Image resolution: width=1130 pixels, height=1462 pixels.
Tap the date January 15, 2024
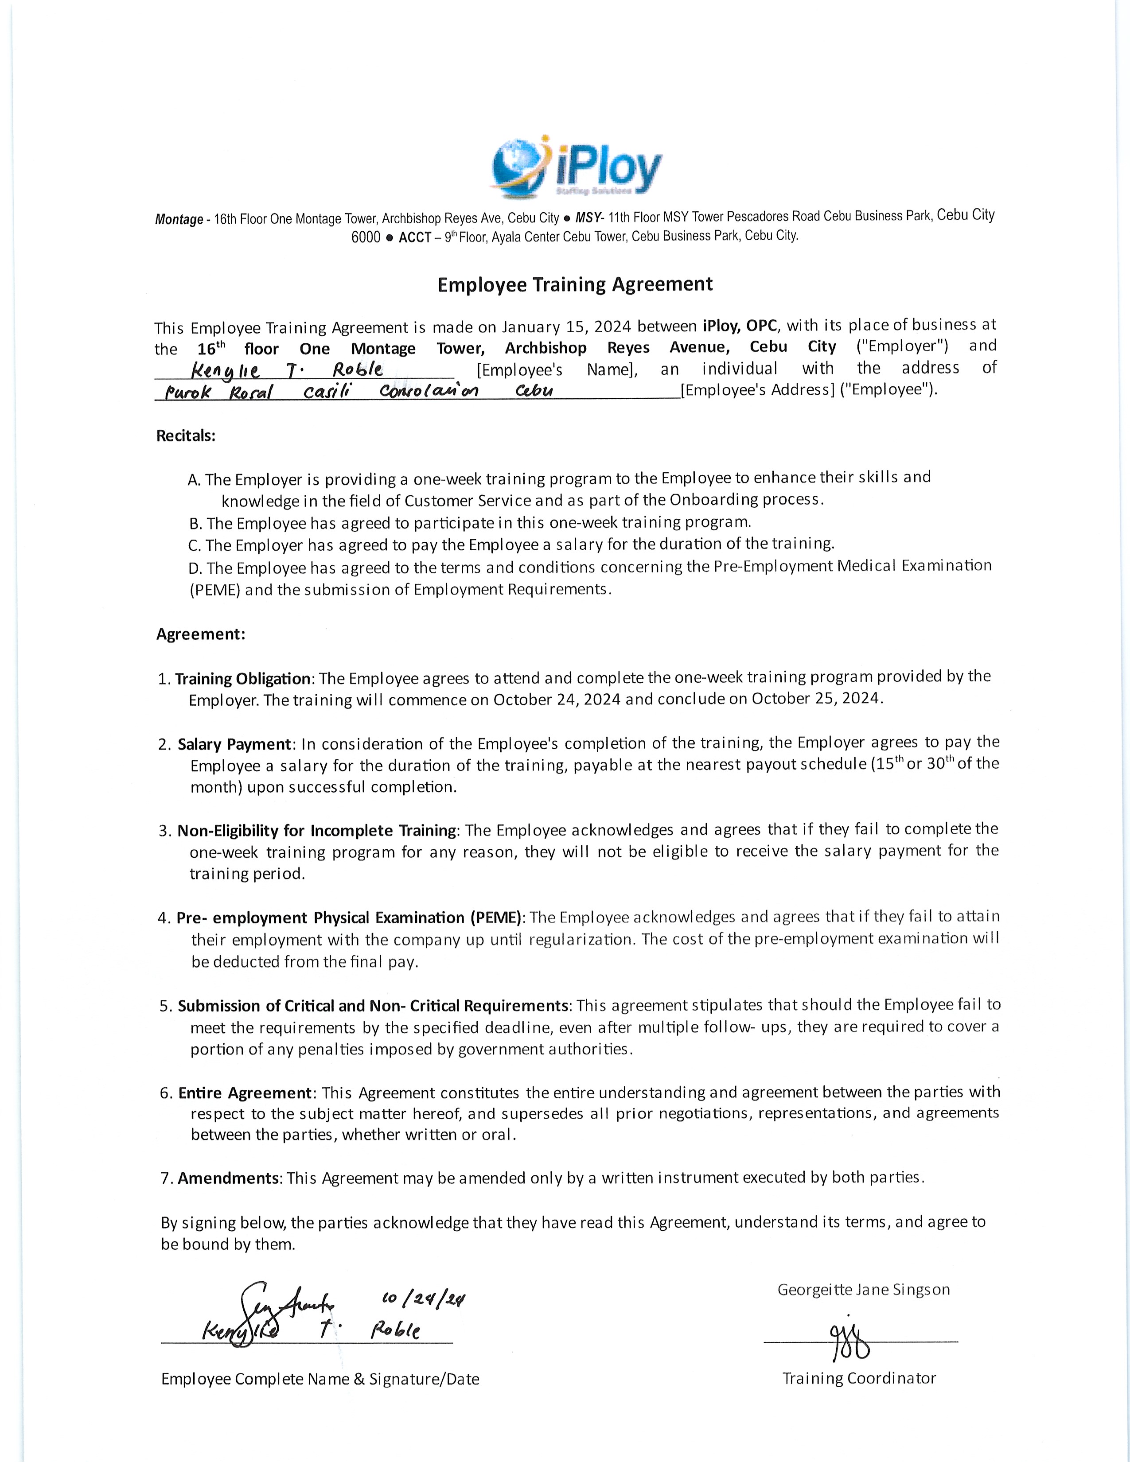tap(566, 327)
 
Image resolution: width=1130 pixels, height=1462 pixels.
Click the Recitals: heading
tap(185, 436)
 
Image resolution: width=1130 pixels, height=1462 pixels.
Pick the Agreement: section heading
tap(201, 634)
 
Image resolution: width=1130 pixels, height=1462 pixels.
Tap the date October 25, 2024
tap(816, 698)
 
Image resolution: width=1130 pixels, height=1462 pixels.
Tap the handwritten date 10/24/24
tap(423, 1299)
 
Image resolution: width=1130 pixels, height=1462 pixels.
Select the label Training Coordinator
tap(859, 1378)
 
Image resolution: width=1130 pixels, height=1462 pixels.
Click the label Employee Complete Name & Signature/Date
tap(320, 1379)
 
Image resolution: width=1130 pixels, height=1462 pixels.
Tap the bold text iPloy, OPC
tap(739, 326)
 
